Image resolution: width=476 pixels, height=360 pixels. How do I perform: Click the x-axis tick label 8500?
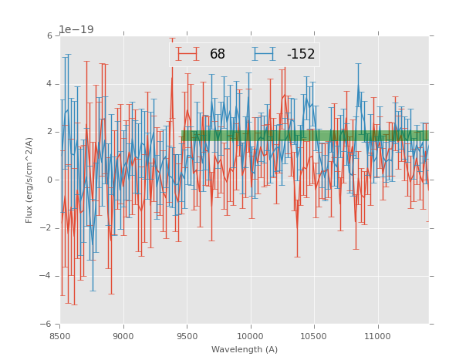pyautogui.click(x=60, y=336)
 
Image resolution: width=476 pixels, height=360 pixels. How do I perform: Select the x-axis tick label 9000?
pyautogui.click(x=123, y=336)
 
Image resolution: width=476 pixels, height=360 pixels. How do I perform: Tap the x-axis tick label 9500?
pyautogui.click(x=187, y=336)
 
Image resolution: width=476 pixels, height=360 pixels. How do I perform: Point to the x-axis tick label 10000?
pyautogui.click(x=251, y=336)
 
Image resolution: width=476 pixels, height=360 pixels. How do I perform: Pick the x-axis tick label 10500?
pyautogui.click(x=314, y=336)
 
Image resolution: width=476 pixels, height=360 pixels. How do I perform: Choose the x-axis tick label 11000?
pyautogui.click(x=377, y=336)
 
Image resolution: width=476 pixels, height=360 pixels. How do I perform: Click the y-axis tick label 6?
pyautogui.click(x=49, y=36)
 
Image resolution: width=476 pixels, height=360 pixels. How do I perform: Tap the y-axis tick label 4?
pyautogui.click(x=49, y=84)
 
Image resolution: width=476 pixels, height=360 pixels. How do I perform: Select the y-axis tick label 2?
pyautogui.click(x=49, y=132)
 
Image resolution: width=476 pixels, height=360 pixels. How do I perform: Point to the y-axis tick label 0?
pyautogui.click(x=49, y=180)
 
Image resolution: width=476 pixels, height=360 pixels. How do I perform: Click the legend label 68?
pyautogui.click(x=218, y=55)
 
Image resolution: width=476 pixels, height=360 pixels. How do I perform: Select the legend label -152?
pyautogui.click(x=301, y=55)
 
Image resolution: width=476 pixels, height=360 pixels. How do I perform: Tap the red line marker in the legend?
pyautogui.click(x=187, y=54)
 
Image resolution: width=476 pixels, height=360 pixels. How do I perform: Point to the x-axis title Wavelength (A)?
pyautogui.click(x=245, y=350)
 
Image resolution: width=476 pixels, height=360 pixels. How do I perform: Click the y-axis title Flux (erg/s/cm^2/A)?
pyautogui.click(x=29, y=180)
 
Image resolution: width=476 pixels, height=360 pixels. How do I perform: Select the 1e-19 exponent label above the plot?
pyautogui.click(x=76, y=30)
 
